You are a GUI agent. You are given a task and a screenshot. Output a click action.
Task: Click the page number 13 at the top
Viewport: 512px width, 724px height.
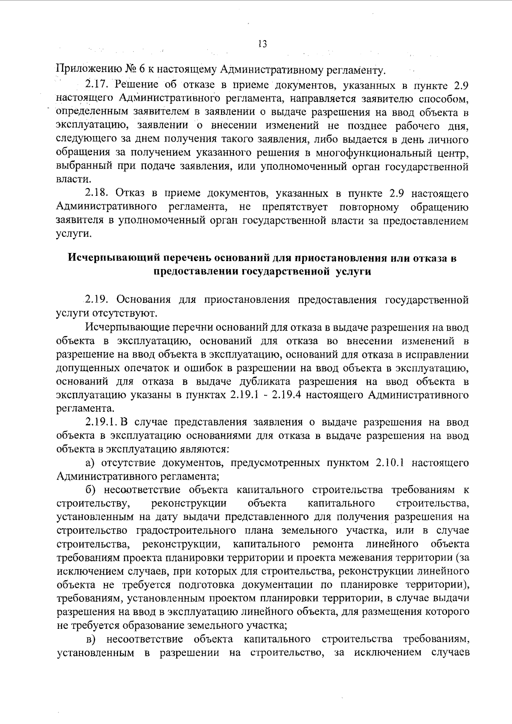[262, 44]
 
